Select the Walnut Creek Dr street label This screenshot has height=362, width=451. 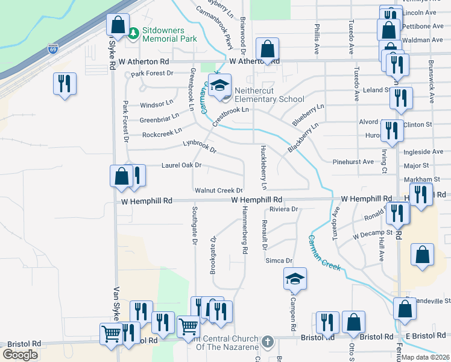pyautogui.click(x=219, y=191)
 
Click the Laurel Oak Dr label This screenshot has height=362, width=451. pyautogui.click(x=181, y=165)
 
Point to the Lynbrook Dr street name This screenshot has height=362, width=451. pyautogui.click(x=199, y=145)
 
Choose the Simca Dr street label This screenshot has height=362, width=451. pyautogui.click(x=279, y=261)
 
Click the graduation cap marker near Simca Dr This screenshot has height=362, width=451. pyautogui.click(x=295, y=279)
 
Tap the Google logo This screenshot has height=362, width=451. pyautogui.click(x=20, y=355)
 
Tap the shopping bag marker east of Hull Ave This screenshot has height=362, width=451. pyautogui.click(x=422, y=255)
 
